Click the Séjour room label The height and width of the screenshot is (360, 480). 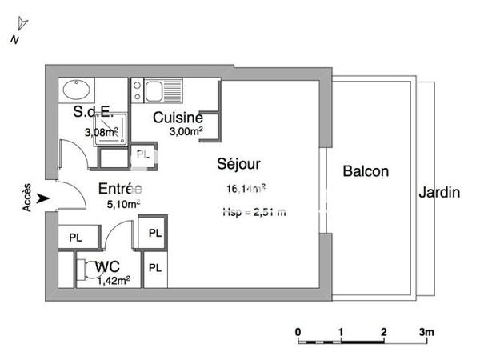239,164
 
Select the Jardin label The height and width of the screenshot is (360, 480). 438,193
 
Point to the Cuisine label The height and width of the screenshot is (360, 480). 178,118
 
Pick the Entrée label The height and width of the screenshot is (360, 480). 120,190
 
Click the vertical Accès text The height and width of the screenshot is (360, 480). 27,195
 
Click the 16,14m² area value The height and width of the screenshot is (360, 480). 246,190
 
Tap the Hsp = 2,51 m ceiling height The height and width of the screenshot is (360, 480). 254,213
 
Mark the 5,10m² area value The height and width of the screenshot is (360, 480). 124,204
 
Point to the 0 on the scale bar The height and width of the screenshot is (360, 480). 298,331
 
